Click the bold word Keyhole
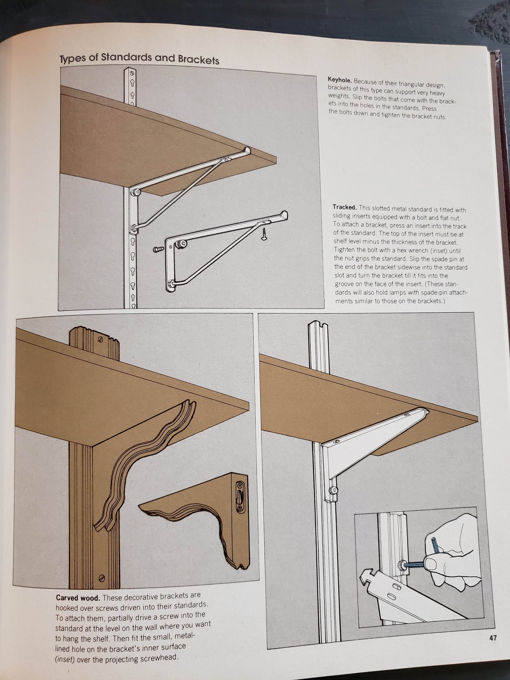339,80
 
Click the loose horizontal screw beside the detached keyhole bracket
159,249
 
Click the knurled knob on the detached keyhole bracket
178,245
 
